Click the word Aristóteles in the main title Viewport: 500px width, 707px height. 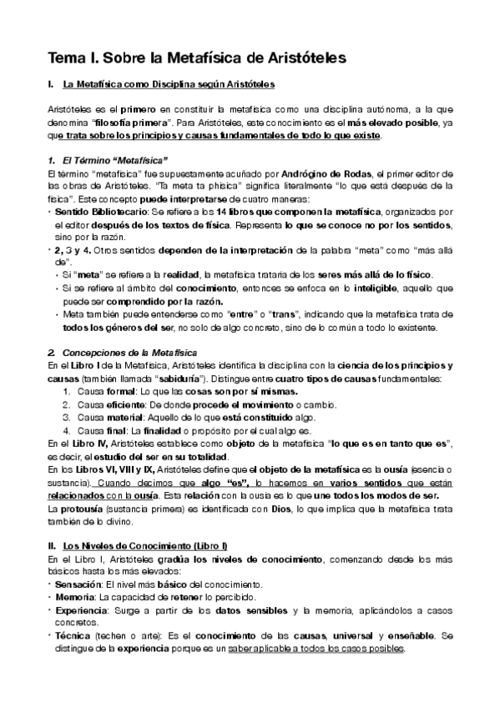point(297,58)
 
